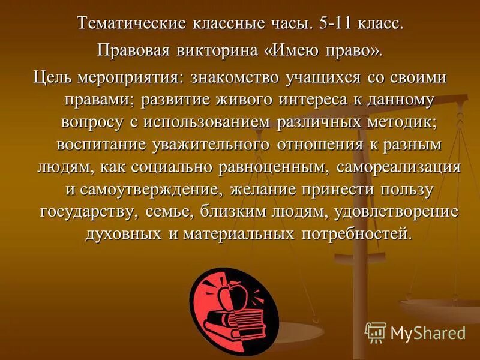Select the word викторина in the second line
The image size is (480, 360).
[214, 51]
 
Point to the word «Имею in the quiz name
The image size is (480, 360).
[293, 51]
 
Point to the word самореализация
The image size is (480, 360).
[398, 167]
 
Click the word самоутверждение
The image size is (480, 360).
[152, 190]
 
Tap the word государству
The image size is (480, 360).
[91, 212]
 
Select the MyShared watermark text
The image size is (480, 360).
[427, 332]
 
